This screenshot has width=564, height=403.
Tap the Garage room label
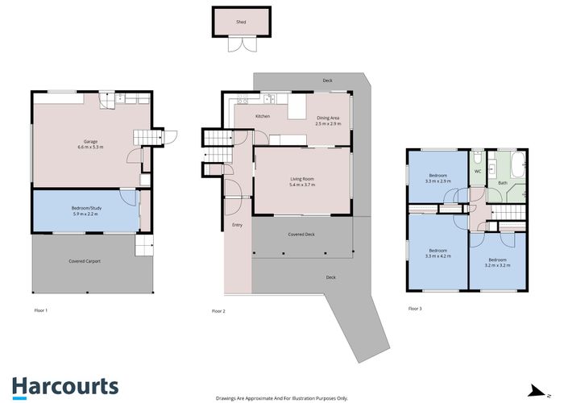[x=85, y=141]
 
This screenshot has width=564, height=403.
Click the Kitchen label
[x=263, y=117]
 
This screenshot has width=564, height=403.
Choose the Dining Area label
[x=328, y=118]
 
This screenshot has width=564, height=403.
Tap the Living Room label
[x=302, y=178]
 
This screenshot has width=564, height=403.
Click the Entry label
[x=237, y=225]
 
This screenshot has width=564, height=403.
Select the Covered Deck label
[x=301, y=234]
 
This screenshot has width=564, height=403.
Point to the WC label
[x=477, y=172]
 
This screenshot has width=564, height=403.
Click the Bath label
[x=503, y=183]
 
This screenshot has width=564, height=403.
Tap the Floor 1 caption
[x=41, y=310]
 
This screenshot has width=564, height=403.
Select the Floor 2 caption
[x=218, y=310]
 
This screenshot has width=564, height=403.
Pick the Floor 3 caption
[x=415, y=309]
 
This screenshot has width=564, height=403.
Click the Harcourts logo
[x=64, y=386]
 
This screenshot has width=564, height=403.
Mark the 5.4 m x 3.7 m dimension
[x=302, y=185]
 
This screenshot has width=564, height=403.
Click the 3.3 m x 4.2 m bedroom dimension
[x=438, y=256]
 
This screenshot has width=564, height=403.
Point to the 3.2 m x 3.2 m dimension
[x=497, y=264]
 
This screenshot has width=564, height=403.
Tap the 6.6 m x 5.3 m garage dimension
[x=85, y=147]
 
